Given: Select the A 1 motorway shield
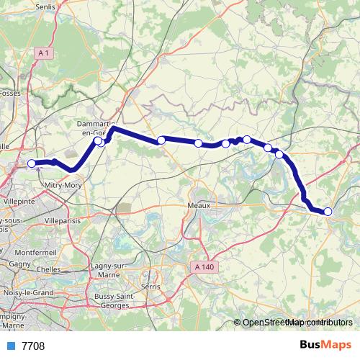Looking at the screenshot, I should [x=44, y=53].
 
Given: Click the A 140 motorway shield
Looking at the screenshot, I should [x=204, y=268].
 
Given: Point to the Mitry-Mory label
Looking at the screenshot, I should [x=64, y=185].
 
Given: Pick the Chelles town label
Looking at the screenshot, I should [x=48, y=269].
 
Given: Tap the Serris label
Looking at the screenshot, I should [x=151, y=286].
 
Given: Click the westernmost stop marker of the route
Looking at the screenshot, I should [x=32, y=163].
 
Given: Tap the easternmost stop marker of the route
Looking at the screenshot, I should [x=328, y=211].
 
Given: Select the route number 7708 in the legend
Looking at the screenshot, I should [x=33, y=346].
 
